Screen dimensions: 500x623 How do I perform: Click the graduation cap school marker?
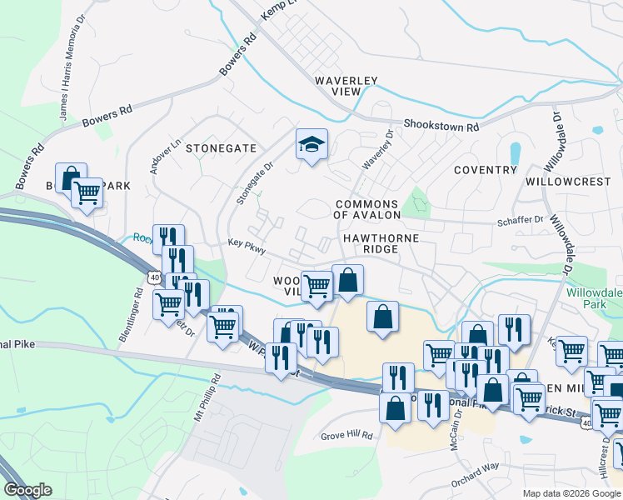click(312, 146)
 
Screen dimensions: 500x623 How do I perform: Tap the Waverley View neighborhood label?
click(346, 87)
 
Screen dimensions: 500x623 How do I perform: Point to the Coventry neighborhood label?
click(486, 170)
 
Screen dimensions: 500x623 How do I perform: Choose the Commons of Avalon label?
click(367, 209)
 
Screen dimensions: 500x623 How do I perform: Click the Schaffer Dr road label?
click(520, 219)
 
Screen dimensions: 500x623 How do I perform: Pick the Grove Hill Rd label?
click(347, 436)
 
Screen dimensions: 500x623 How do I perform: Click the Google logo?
click(27, 490)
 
